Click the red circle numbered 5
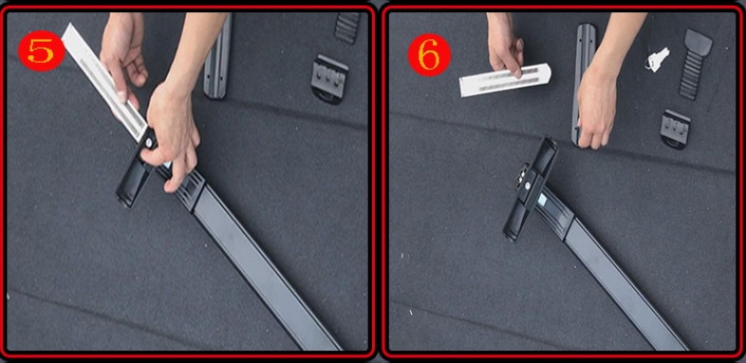42,51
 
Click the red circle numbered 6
429,55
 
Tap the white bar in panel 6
505,80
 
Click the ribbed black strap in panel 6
694,64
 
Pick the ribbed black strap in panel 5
347,28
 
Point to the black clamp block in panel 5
329,79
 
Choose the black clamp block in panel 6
675,129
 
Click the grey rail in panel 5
218,57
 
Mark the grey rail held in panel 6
584,81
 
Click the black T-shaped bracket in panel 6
532,187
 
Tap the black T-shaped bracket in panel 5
139,166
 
